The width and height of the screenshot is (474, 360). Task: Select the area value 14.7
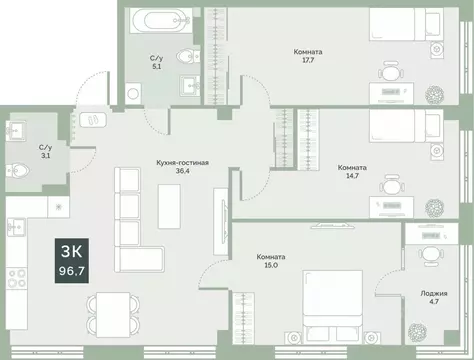tap(350, 177)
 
